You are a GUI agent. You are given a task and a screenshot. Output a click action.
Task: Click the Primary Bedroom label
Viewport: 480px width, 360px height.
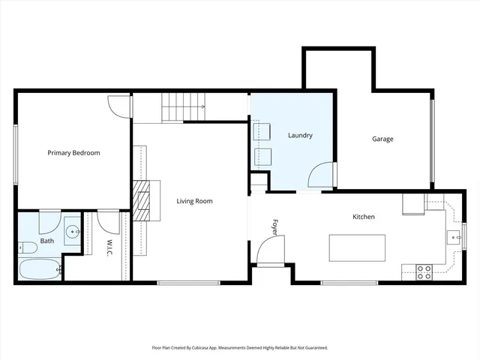(73, 153)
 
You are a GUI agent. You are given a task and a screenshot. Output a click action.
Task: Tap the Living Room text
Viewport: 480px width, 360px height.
(194, 201)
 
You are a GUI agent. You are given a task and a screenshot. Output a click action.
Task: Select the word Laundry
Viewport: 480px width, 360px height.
(300, 136)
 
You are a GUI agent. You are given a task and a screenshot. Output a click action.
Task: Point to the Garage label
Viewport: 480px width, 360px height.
(382, 139)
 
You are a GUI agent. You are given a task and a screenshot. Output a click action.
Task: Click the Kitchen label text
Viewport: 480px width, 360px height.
(364, 217)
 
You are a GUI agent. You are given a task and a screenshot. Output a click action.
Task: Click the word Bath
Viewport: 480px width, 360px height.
(47, 241)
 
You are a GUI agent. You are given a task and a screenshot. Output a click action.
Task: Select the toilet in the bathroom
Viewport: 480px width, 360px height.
(28, 247)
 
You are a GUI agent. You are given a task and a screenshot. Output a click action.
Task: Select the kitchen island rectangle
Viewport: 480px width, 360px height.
(358, 247)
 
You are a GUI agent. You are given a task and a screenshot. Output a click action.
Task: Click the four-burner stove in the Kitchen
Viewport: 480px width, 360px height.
(424, 271)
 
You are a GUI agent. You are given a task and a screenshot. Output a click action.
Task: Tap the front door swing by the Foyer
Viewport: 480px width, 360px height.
(268, 253)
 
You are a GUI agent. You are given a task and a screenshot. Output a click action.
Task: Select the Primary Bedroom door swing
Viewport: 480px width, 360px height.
(118, 107)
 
